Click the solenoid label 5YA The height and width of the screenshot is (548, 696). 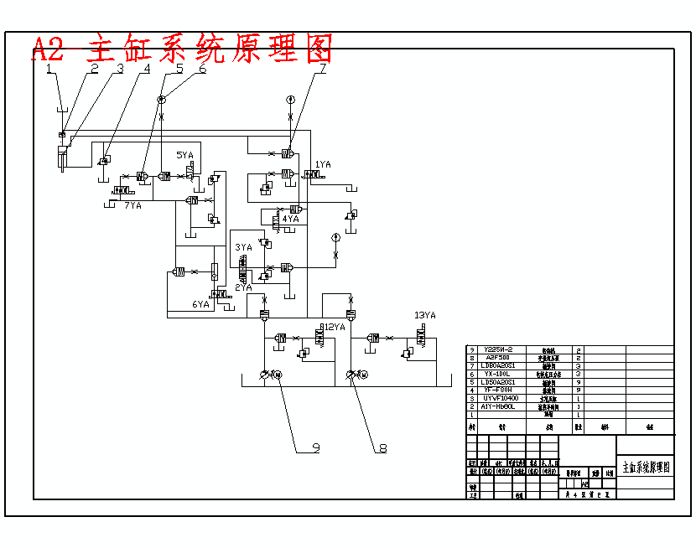click(x=184, y=156)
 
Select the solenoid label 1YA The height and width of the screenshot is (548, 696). click(x=324, y=165)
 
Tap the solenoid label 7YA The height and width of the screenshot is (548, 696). click(x=132, y=205)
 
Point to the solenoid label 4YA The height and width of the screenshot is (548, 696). click(x=290, y=219)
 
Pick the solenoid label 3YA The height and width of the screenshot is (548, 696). click(x=243, y=248)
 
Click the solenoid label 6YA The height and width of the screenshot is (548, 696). click(x=200, y=305)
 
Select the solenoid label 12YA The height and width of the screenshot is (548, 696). click(x=334, y=328)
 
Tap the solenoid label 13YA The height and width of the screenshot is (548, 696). click(x=425, y=316)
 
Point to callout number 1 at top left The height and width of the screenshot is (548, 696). click(x=49, y=70)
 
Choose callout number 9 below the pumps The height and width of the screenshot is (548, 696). click(x=316, y=448)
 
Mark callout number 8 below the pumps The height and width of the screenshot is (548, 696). click(x=383, y=448)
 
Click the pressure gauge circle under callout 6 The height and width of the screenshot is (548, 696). click(x=161, y=100)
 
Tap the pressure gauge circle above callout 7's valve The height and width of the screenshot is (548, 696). click(x=290, y=100)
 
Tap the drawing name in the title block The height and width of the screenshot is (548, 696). click(x=645, y=467)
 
